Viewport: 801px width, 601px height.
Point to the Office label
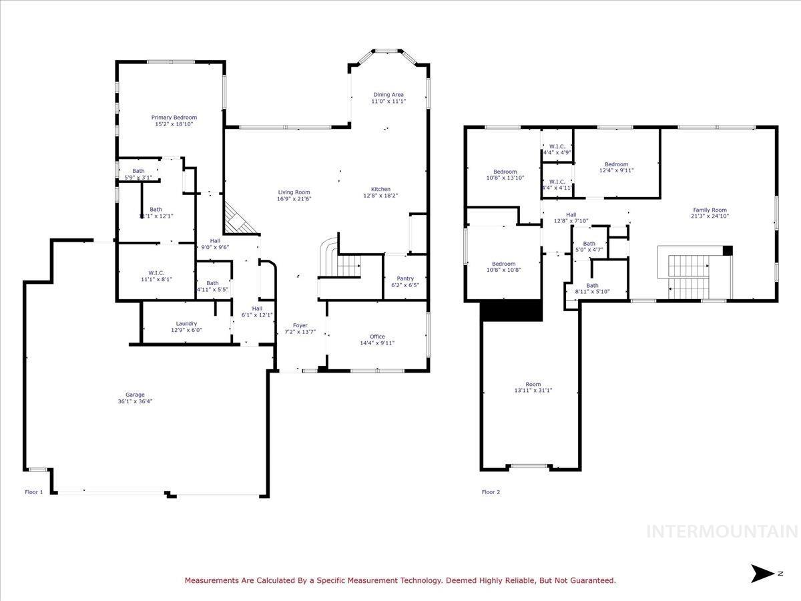[x=377, y=337]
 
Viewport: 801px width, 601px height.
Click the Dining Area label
[x=388, y=95]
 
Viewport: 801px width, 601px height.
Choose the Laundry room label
[x=186, y=323]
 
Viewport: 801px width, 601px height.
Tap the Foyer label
[x=300, y=325]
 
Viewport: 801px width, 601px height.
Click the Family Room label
[x=710, y=210]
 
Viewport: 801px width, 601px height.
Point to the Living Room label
[x=294, y=192]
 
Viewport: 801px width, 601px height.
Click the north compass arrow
[x=761, y=574]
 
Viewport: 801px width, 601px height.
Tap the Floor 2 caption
[x=491, y=492]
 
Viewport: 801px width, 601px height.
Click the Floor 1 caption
[x=33, y=492]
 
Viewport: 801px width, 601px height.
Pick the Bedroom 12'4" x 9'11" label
[x=616, y=164]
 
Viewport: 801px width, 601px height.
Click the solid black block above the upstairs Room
[x=511, y=311]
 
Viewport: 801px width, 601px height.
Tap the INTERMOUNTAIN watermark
[x=723, y=532]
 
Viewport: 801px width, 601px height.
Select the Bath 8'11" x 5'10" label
[x=592, y=285]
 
